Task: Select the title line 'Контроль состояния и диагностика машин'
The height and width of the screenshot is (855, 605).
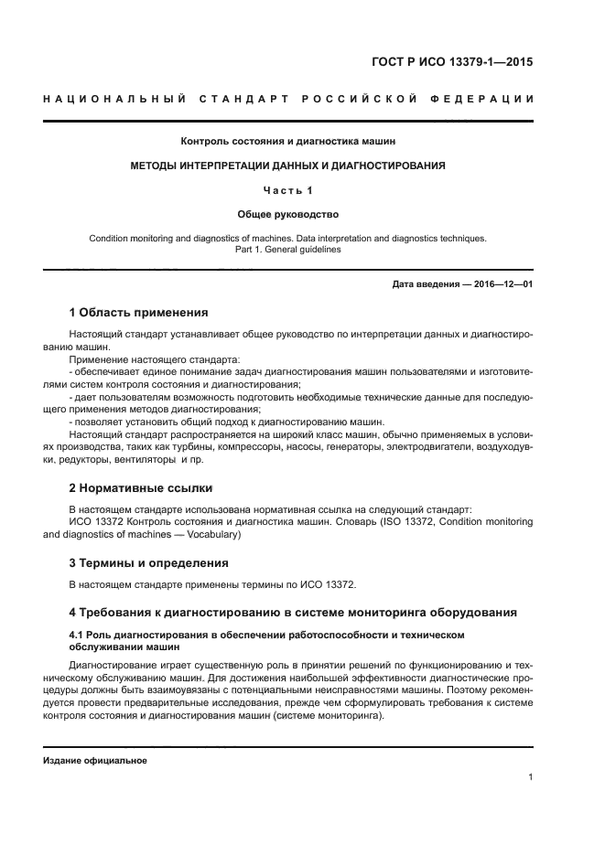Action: click(288, 141)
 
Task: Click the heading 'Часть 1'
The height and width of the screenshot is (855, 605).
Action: click(288, 190)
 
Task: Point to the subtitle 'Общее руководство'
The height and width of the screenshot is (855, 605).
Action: click(288, 215)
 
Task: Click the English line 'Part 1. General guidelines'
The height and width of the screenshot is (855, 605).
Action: click(288, 249)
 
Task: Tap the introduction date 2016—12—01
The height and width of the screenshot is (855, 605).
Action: click(502, 284)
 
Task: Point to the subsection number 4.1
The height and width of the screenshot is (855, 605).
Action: click(77, 633)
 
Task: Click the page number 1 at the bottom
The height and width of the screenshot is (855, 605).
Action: click(530, 777)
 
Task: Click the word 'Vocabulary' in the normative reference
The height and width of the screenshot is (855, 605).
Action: click(210, 534)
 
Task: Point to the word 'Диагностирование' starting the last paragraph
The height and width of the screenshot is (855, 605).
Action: click(113, 665)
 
